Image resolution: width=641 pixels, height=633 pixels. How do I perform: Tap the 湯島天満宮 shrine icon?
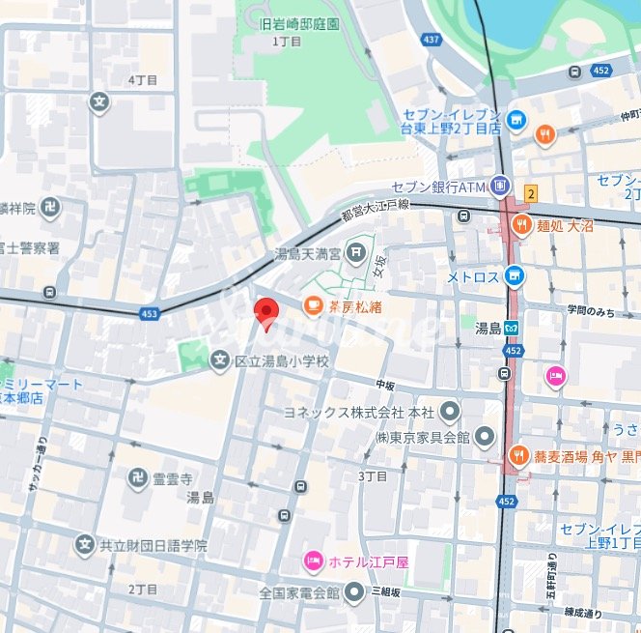click(357, 254)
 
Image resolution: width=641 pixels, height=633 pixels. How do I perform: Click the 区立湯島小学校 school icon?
click(220, 360)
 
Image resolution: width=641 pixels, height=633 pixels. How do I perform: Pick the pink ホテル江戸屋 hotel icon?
click(313, 560)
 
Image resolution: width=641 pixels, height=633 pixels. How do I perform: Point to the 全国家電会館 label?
click(299, 591)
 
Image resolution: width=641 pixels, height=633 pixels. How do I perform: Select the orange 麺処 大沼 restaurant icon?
click(522, 226)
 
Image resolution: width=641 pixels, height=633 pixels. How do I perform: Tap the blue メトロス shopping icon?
click(516, 276)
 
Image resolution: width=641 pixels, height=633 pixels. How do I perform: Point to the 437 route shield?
click(432, 39)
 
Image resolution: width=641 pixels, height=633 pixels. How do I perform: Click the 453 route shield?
click(149, 313)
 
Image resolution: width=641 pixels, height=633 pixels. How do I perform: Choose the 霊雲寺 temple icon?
click(138, 477)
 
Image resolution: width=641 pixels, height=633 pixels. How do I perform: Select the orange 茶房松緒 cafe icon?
click(313, 306)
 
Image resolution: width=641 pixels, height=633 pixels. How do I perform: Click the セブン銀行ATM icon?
click(499, 185)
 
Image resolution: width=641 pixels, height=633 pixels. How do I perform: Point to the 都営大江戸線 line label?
click(376, 209)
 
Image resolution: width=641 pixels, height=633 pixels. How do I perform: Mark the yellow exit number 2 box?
click(530, 193)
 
